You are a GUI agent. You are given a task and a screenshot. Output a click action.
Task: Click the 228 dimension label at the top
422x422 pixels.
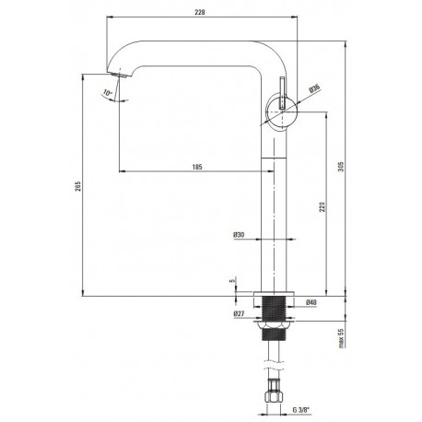(x=200, y=12)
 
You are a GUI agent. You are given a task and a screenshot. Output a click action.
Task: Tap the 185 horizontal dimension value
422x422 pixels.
(x=197, y=167)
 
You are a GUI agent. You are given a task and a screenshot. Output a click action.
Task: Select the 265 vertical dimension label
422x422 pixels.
(x=78, y=186)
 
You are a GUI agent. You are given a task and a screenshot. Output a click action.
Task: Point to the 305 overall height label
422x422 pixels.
(x=342, y=166)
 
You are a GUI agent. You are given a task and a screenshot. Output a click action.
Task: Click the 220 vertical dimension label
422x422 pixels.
(x=322, y=206)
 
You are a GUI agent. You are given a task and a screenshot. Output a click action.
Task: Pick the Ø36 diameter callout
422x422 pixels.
(x=314, y=88)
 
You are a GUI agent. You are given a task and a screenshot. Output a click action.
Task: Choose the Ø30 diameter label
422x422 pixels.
(x=239, y=235)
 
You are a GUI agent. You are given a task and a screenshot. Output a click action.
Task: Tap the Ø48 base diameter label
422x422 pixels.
(x=311, y=302)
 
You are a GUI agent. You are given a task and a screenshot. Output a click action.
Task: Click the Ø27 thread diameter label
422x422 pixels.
(x=239, y=314)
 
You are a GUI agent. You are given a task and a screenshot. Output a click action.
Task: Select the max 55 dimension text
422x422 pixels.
(x=341, y=337)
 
